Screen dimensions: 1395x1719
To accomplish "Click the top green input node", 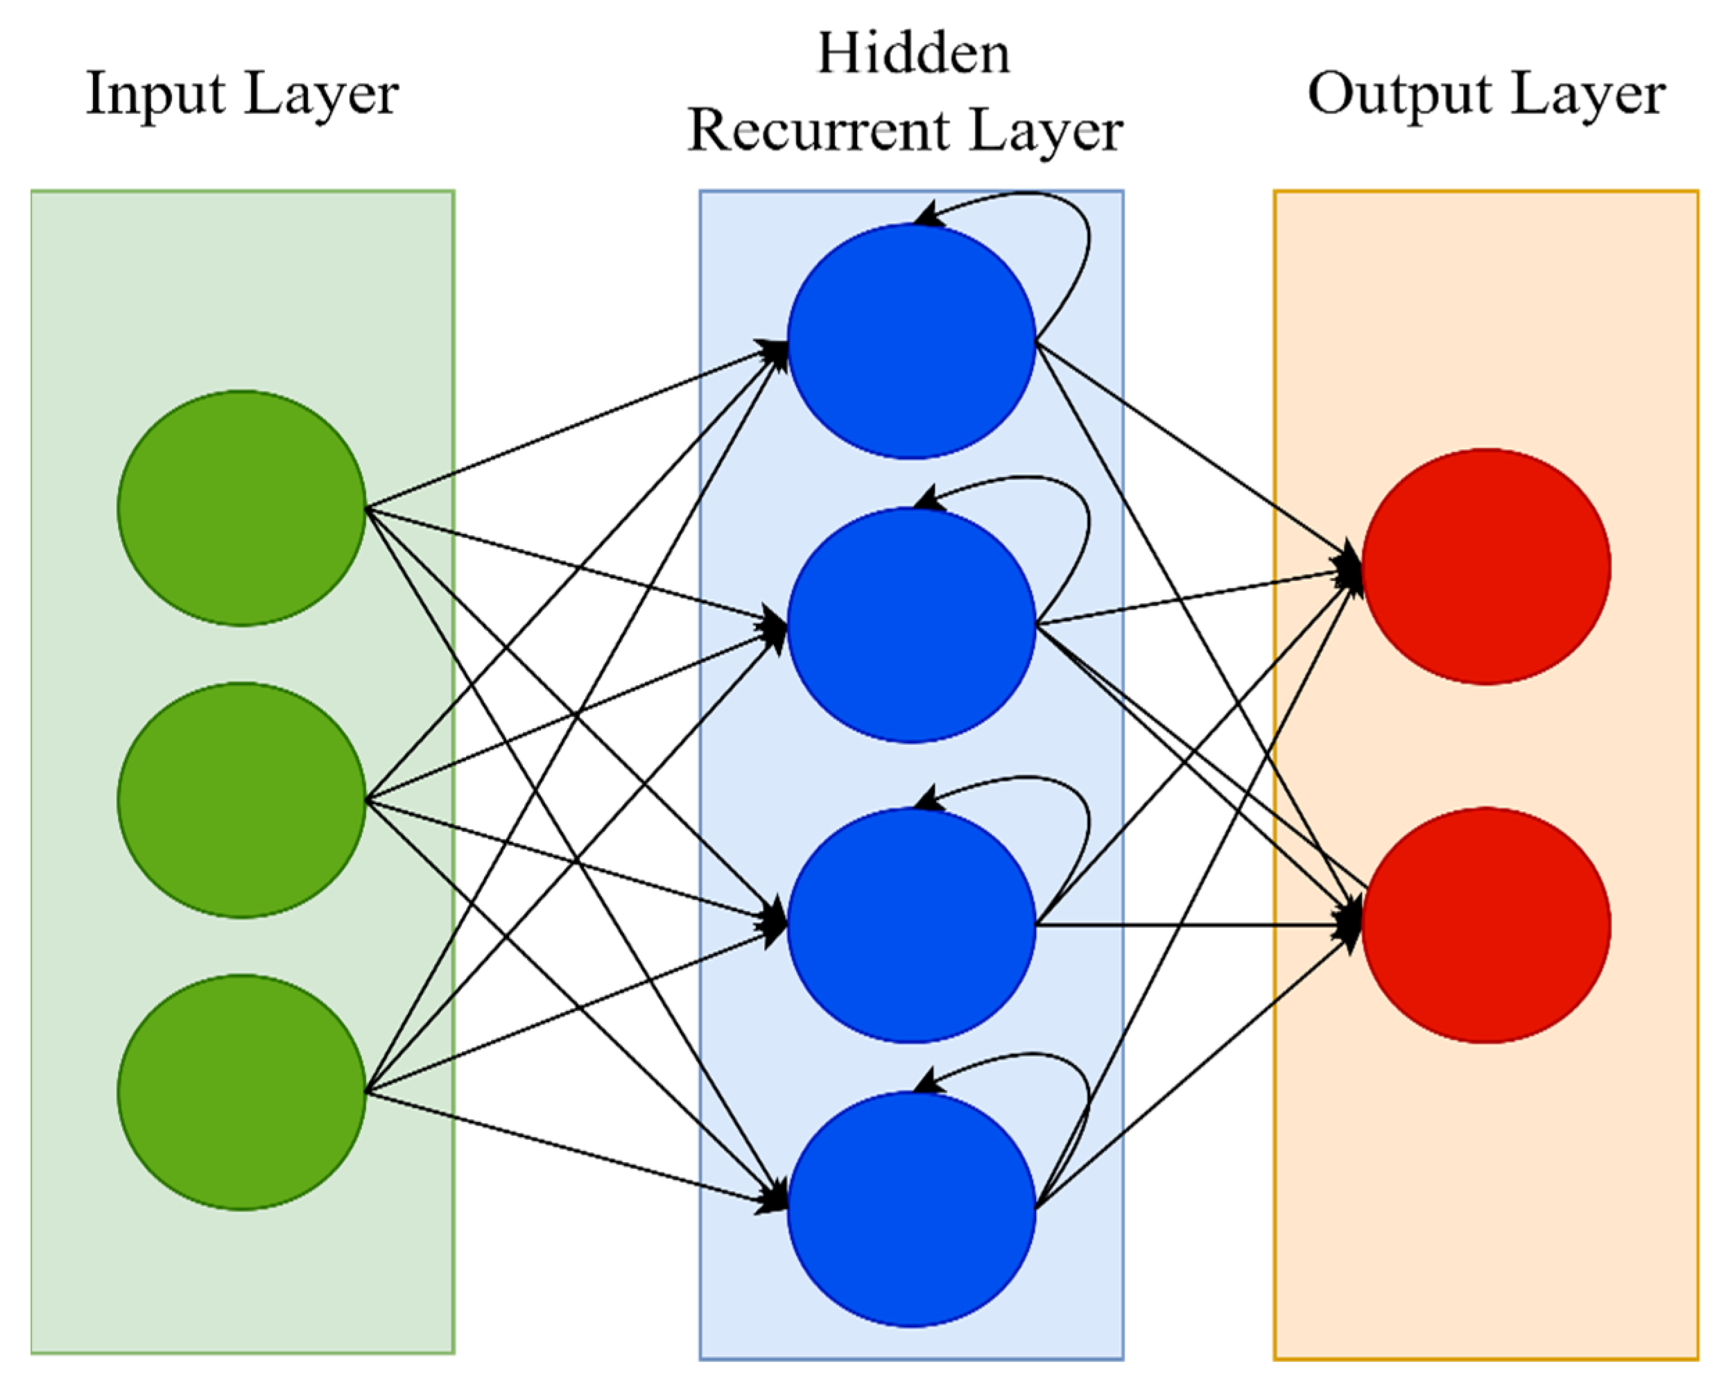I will (x=241, y=508).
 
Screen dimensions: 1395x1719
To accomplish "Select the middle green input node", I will (x=241, y=799).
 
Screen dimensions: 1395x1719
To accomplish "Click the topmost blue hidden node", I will (x=910, y=342).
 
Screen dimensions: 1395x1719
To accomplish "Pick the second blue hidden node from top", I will (x=910, y=625).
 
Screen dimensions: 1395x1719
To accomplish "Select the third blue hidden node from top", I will (x=910, y=925).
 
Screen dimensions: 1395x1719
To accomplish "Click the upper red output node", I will (x=1485, y=566).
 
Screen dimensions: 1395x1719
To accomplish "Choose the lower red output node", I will (x=1485, y=925).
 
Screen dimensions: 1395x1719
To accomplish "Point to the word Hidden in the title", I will (x=913, y=55).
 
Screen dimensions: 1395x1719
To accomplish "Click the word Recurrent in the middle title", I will (x=820, y=131).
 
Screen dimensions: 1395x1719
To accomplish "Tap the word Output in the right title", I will (x=1399, y=95).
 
